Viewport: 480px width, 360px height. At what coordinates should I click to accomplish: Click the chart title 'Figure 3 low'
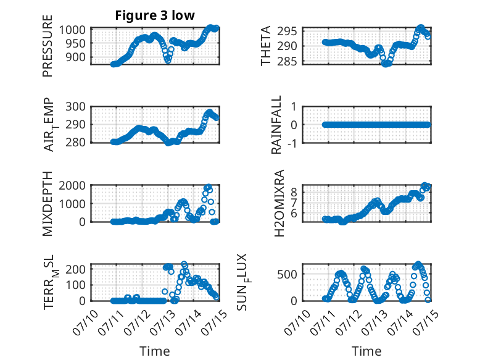pyautogui.click(x=155, y=15)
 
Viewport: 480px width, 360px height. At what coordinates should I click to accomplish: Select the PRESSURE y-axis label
pyautogui.click(x=48, y=46)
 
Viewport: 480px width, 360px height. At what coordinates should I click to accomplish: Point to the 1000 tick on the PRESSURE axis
pyautogui.click(x=72, y=30)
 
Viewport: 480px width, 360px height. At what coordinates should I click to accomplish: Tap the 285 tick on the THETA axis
pyautogui.click(x=287, y=62)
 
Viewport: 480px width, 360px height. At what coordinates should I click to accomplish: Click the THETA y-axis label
pyautogui.click(x=266, y=46)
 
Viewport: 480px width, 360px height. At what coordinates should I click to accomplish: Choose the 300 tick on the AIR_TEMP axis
pyautogui.click(x=75, y=107)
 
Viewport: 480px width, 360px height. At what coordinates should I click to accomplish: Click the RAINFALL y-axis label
pyautogui.click(x=276, y=125)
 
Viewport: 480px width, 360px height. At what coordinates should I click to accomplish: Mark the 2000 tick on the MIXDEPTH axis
pyautogui.click(x=72, y=185)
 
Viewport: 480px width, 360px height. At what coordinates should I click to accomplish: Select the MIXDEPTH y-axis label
pyautogui.click(x=48, y=204)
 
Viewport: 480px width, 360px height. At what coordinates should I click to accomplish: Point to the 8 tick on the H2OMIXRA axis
pyautogui.click(x=294, y=193)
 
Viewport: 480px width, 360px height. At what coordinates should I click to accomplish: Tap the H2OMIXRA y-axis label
pyautogui.click(x=279, y=203)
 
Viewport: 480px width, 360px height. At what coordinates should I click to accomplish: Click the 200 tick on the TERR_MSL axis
pyautogui.click(x=75, y=269)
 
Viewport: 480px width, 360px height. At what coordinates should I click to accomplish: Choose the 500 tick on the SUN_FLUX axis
pyautogui.click(x=287, y=274)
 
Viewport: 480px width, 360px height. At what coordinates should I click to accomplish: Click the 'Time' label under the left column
pyautogui.click(x=155, y=351)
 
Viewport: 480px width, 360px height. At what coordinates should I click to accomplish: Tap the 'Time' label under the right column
pyautogui.click(x=366, y=351)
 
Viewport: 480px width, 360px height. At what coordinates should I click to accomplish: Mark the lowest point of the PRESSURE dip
pyautogui.click(x=168, y=61)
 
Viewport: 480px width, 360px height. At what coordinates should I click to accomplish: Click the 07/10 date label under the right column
pyautogui.click(x=297, y=322)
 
